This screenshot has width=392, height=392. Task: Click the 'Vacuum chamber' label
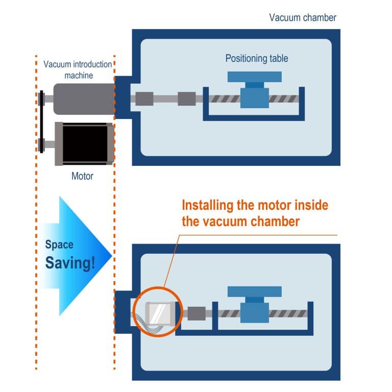click(x=303, y=18)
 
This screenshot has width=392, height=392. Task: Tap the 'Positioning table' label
click(x=257, y=58)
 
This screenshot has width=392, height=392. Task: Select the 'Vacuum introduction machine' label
click(x=78, y=69)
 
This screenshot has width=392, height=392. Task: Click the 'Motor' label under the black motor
click(x=82, y=177)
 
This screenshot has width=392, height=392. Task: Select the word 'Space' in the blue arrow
click(x=59, y=244)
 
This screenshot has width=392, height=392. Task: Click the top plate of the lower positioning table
click(x=254, y=291)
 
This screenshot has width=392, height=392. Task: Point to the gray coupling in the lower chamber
click(x=197, y=313)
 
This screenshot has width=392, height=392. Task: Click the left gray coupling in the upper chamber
click(x=144, y=99)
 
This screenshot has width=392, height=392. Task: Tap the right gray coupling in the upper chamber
click(x=186, y=99)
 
